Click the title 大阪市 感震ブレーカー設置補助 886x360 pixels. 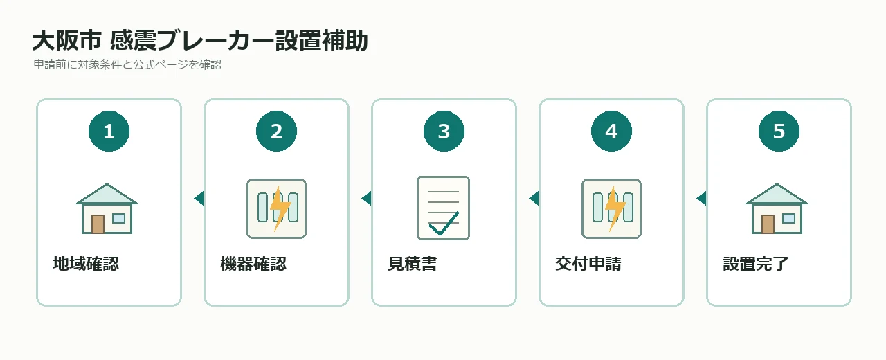coord(200,41)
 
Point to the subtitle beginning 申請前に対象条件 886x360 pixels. coord(127,64)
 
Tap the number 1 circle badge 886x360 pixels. coord(109,131)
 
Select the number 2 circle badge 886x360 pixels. coord(276,131)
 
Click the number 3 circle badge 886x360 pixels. coord(444,131)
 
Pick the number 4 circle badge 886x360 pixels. coord(611,131)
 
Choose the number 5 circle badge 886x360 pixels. coord(779,131)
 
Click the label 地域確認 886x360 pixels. coord(86,264)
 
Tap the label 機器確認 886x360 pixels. coord(253,264)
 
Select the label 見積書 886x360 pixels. coord(413,264)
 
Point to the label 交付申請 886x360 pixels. coord(588,264)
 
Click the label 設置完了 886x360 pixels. coord(756,264)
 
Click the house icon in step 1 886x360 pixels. coord(107,208)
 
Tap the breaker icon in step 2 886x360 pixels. coord(276,208)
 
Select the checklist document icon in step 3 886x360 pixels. coord(444,208)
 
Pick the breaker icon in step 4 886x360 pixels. coord(611,208)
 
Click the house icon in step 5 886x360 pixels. coord(777,208)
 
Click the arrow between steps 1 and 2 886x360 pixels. coord(199,198)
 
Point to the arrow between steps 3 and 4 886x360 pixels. coord(534,198)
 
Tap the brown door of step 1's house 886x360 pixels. coord(98,224)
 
